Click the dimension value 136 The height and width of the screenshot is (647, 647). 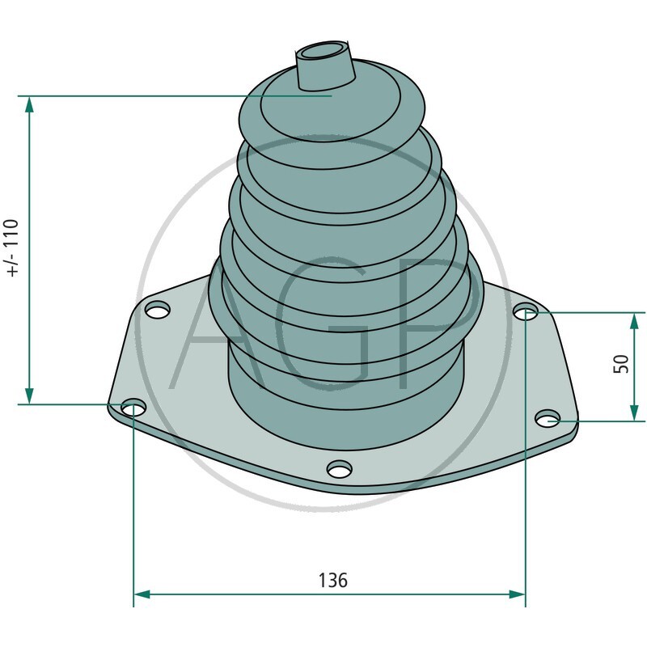[332, 581]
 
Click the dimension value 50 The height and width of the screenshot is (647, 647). [621, 363]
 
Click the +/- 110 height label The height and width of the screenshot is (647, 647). [11, 248]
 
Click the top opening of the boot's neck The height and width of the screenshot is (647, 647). [323, 51]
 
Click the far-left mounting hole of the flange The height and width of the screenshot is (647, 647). [133, 408]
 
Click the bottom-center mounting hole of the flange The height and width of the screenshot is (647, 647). [339, 469]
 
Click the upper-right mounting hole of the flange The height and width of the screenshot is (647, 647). [526, 311]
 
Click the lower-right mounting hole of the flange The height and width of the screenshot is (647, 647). [548, 418]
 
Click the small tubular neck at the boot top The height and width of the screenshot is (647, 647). [325, 69]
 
